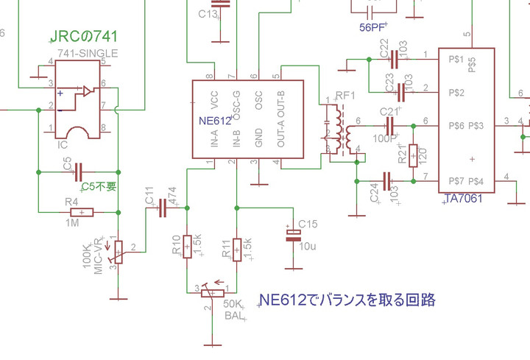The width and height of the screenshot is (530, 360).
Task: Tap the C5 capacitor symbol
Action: pos(78,169)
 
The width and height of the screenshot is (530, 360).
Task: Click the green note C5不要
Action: pos(98,186)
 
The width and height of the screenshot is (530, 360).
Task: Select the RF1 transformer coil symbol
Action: pos(339,128)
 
